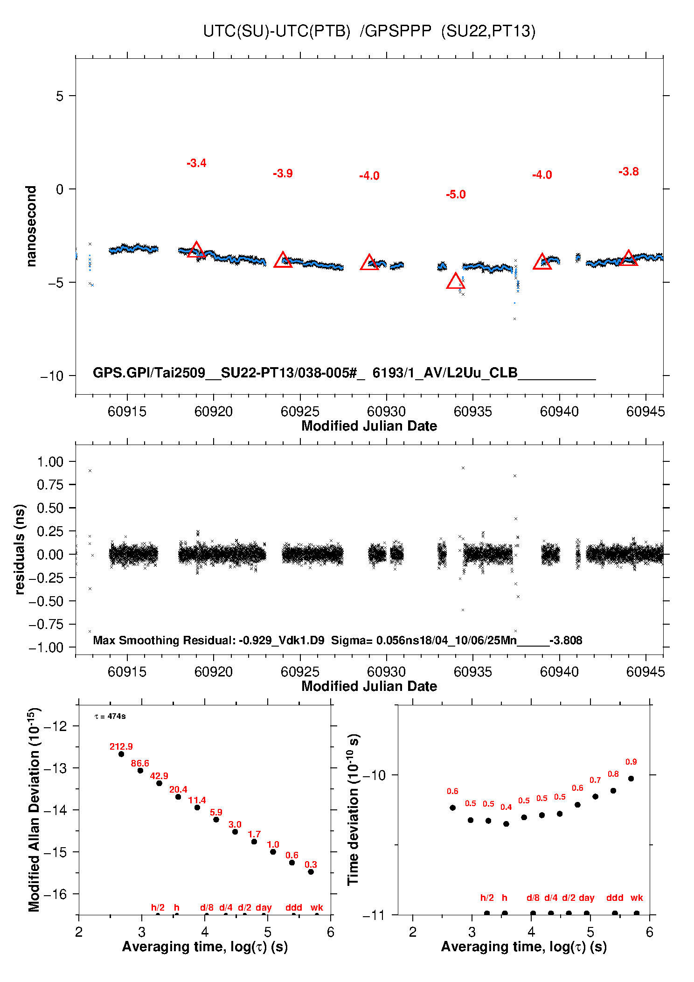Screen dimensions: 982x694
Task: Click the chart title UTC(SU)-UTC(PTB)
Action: (x=277, y=31)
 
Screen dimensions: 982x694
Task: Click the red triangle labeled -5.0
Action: (x=456, y=281)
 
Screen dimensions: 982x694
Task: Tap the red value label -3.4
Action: (x=196, y=163)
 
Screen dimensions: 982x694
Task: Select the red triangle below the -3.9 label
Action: (x=283, y=260)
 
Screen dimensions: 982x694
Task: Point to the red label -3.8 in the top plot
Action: (x=628, y=172)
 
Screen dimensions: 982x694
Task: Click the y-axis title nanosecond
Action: (x=31, y=226)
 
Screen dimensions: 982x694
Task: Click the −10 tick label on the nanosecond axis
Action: (x=51, y=376)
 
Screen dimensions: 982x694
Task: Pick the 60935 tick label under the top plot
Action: (x=472, y=411)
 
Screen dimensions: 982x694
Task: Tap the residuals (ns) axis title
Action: (x=20, y=549)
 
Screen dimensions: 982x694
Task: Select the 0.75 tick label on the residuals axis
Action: (x=50, y=485)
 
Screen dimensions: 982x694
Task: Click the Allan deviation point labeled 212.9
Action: (x=121, y=754)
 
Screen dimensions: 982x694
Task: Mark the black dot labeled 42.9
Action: (x=159, y=783)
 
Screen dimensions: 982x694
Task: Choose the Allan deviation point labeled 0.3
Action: (x=311, y=872)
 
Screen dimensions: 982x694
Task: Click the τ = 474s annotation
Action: (x=110, y=716)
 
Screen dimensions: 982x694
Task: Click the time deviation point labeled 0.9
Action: (x=631, y=779)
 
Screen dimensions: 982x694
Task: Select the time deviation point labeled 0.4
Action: (x=506, y=824)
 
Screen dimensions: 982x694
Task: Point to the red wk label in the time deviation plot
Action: (x=637, y=898)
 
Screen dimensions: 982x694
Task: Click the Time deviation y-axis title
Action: (x=353, y=809)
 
